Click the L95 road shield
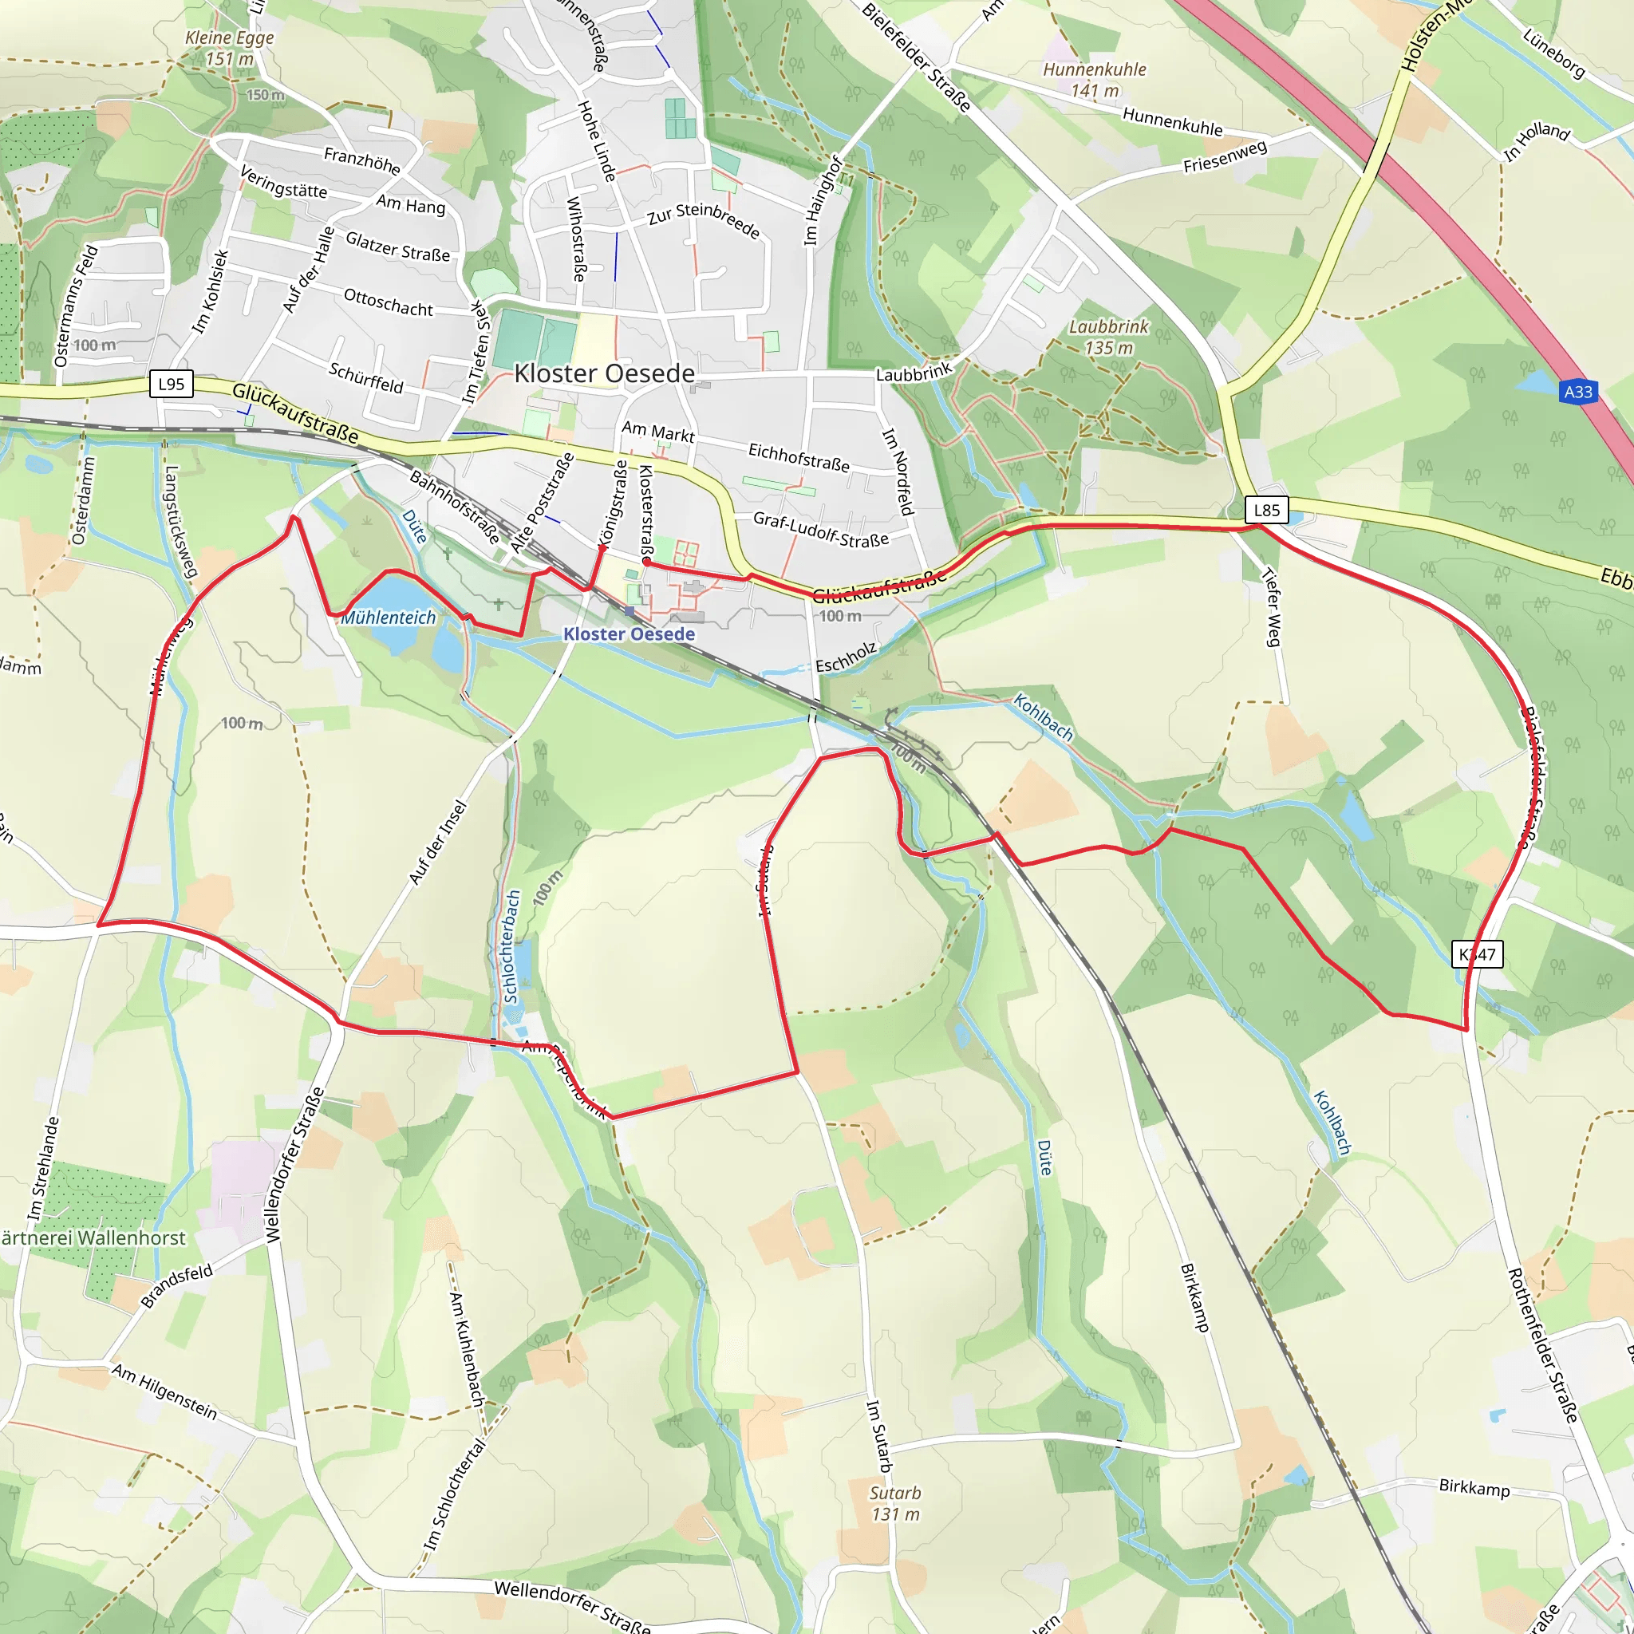click(171, 384)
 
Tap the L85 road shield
click(1266, 509)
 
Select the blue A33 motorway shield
click(1578, 392)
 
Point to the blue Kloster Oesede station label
click(629, 633)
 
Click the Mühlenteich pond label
click(389, 618)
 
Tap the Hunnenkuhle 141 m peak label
click(1094, 80)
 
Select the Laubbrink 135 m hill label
click(1109, 337)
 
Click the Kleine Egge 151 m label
click(229, 48)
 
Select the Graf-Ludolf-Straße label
click(820, 530)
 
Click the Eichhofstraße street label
click(799, 456)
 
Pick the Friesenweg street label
click(1225, 156)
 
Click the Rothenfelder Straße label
click(1543, 1344)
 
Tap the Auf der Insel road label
click(438, 843)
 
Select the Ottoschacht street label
click(389, 302)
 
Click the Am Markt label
click(658, 432)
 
